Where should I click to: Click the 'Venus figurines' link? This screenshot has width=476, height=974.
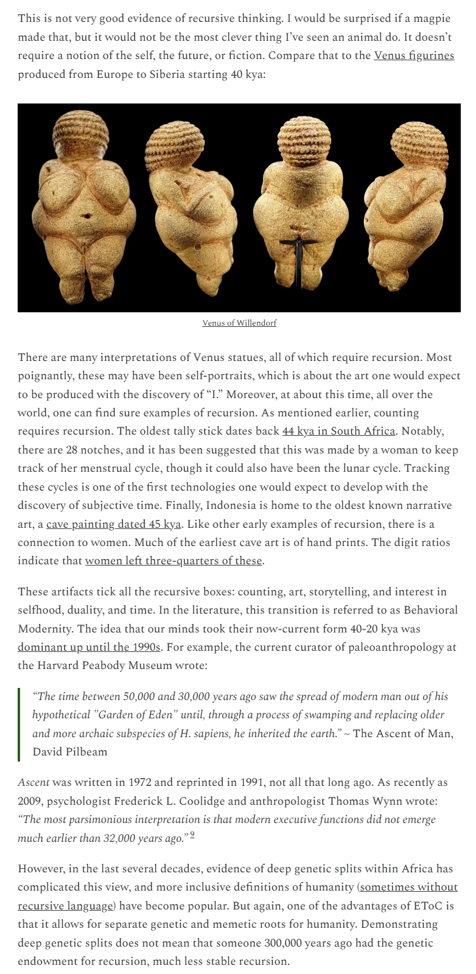coord(414,56)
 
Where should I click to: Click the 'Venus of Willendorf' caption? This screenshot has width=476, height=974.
coord(239,323)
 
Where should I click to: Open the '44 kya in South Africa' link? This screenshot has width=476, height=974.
coord(338,431)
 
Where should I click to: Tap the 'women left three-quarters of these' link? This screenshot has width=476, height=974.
coord(173,561)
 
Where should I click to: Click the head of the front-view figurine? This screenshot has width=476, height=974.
coord(80,132)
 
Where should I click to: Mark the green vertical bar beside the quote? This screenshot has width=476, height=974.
coord(19,724)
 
